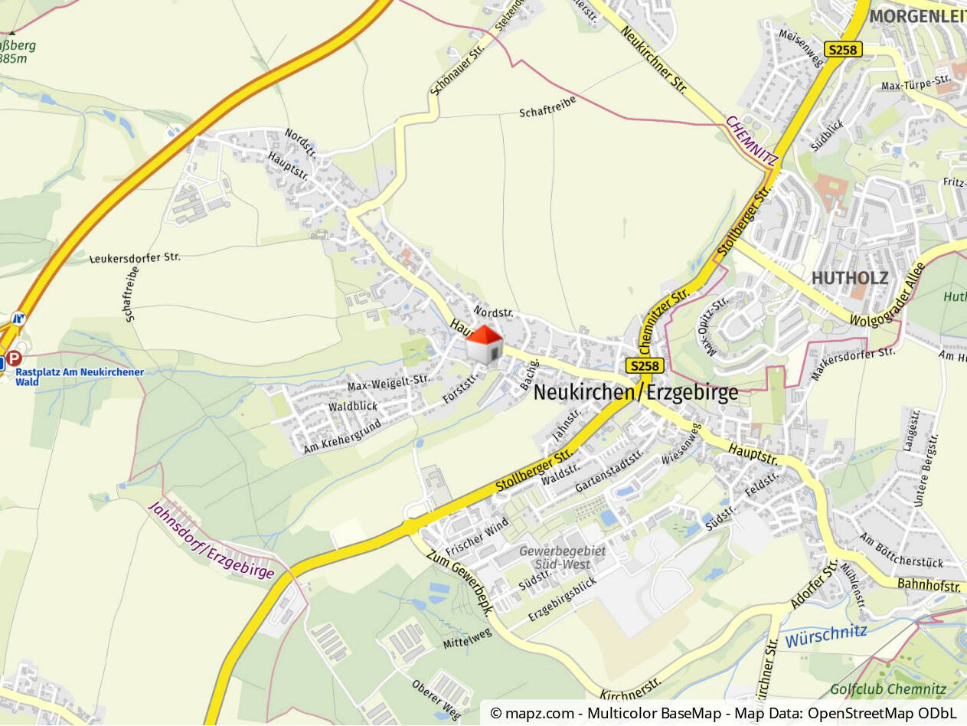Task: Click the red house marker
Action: click(x=485, y=344)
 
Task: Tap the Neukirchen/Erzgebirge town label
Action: click(x=635, y=393)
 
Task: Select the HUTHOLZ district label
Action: click(x=849, y=277)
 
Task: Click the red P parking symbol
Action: click(x=15, y=358)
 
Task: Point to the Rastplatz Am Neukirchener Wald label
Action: click(x=80, y=377)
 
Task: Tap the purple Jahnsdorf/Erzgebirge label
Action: click(x=211, y=541)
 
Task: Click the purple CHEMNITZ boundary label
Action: click(x=752, y=142)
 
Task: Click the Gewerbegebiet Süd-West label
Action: click(x=562, y=558)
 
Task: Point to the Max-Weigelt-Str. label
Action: click(x=389, y=381)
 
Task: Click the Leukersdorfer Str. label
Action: click(x=135, y=258)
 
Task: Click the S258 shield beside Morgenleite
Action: click(x=843, y=50)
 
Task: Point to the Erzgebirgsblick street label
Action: click(x=563, y=600)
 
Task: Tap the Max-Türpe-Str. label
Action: click(x=916, y=80)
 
